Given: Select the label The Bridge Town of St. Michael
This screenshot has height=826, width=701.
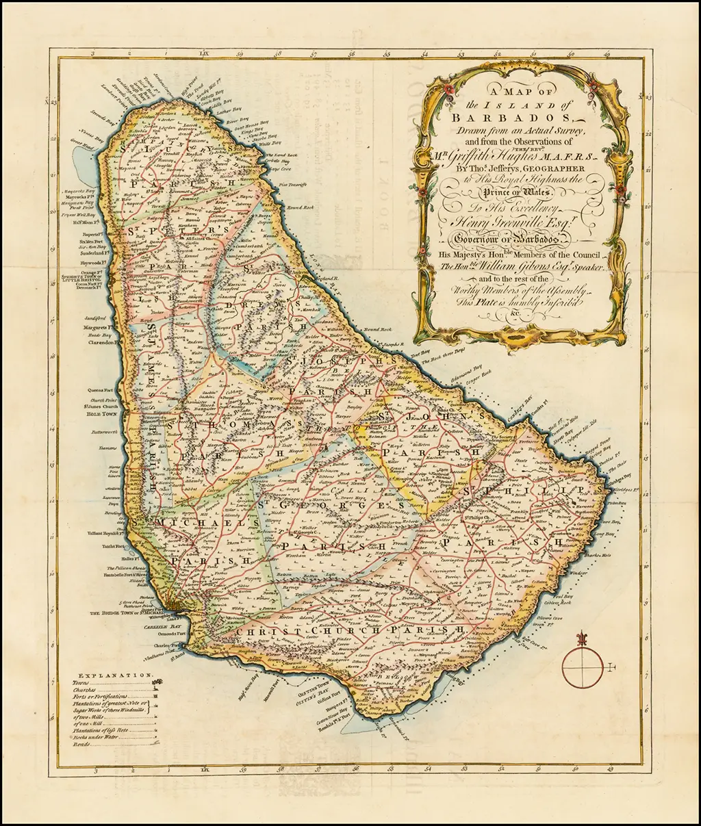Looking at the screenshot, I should (124, 614).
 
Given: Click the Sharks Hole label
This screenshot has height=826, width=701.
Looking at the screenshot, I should (596, 555).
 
